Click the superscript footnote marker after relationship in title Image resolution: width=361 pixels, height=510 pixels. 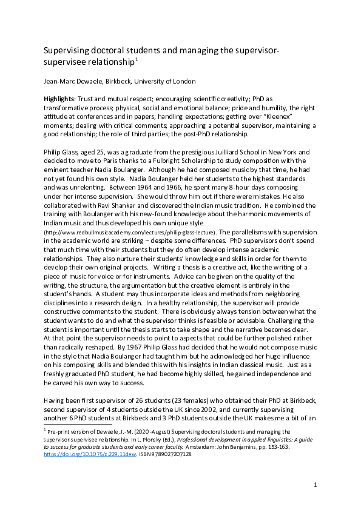click(138, 59)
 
